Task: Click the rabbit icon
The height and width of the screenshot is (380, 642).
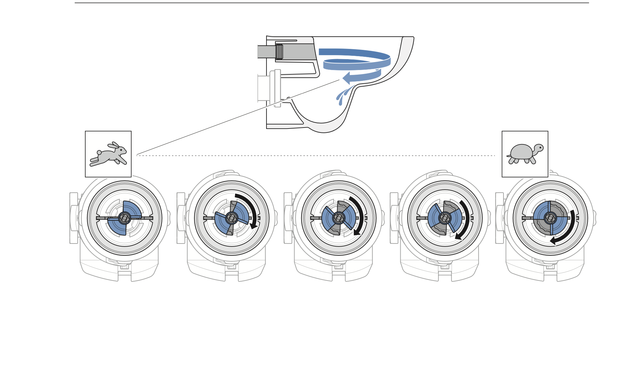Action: coord(108,154)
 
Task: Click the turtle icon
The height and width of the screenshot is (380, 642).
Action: coord(525,154)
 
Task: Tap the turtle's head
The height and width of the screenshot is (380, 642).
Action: coord(539,148)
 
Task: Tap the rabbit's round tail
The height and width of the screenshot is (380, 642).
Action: coord(99,153)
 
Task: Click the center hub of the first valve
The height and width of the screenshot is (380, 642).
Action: coord(124,218)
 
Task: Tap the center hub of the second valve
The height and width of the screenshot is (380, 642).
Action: coord(232,218)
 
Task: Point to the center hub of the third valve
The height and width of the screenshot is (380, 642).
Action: coord(339,218)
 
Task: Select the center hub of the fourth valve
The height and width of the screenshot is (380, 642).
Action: coord(445,218)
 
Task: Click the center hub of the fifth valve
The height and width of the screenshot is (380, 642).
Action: coord(550,218)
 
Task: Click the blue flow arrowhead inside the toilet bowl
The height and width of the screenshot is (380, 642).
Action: coord(347,78)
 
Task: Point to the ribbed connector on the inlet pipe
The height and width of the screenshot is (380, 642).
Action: coord(279,52)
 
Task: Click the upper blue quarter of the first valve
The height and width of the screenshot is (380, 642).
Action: coord(131,209)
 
